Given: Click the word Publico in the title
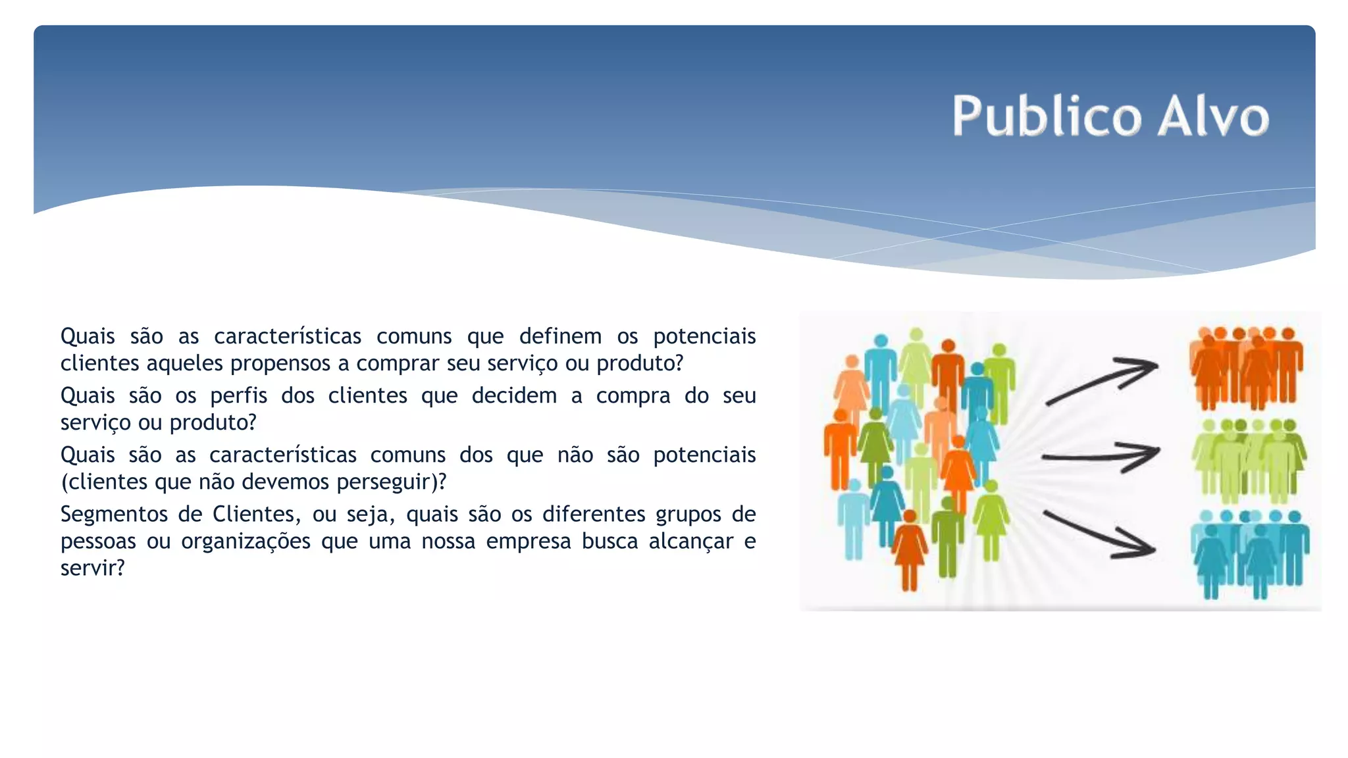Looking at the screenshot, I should [1046, 116].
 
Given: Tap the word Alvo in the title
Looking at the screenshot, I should [1213, 116].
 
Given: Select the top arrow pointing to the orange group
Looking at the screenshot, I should [1102, 380].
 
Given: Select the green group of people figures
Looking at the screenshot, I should [1248, 460].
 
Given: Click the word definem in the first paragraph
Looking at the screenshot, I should [560, 336].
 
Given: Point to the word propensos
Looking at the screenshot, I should [280, 363].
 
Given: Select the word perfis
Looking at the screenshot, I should [238, 395].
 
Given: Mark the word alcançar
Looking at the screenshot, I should [690, 541].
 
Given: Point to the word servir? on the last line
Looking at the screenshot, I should [92, 568].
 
